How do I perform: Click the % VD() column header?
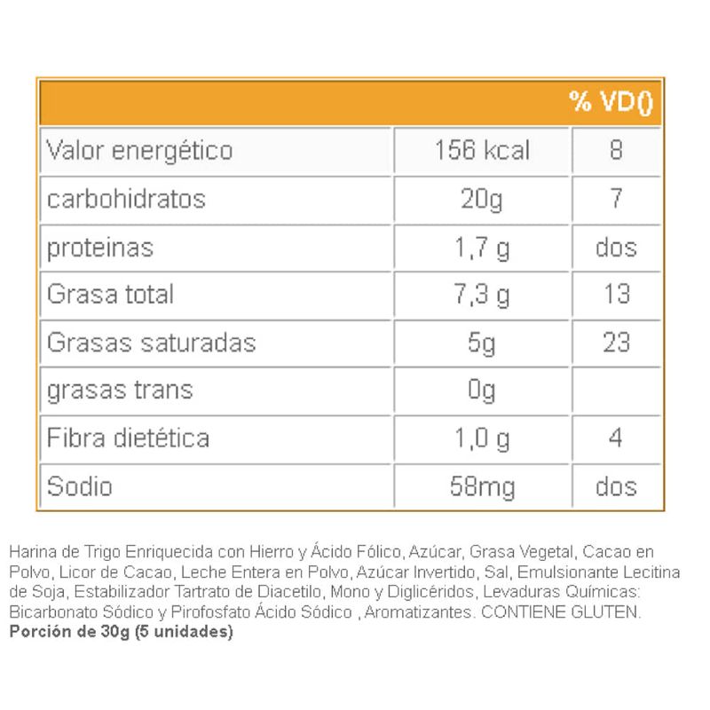[611, 103]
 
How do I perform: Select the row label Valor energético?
[139, 150]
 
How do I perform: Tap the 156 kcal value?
[482, 150]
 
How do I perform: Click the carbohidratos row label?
[126, 198]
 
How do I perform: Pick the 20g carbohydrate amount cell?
[482, 199]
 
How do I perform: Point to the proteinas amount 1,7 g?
[482, 247]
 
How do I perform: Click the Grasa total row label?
[110, 294]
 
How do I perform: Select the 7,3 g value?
[482, 295]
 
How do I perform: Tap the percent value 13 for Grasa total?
[616, 294]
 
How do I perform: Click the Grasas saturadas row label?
[151, 343]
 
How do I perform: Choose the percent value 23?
[616, 343]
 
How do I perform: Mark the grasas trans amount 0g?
[482, 390]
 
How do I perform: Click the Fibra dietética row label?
[128, 438]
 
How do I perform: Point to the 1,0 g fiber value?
[482, 438]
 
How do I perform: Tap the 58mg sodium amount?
[482, 486]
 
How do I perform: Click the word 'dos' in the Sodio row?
[616, 486]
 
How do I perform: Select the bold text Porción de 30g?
[69, 633]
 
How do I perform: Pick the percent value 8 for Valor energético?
[616, 150]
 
